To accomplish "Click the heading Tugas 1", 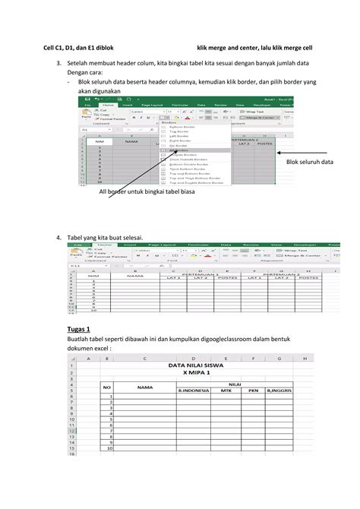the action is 80,328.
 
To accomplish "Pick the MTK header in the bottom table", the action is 226,392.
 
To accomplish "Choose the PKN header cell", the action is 254,392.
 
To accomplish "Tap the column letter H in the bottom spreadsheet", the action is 305,358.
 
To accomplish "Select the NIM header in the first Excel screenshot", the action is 99,141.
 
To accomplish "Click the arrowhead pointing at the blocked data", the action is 278,151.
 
